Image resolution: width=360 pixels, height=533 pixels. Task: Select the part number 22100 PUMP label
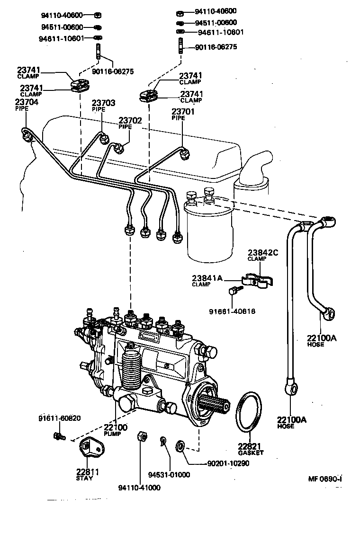116,428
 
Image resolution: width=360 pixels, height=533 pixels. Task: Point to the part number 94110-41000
140,488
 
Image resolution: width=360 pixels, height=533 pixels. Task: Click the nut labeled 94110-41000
140,436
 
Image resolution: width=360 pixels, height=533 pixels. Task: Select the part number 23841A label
207,278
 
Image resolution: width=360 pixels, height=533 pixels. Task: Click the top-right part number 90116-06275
216,47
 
